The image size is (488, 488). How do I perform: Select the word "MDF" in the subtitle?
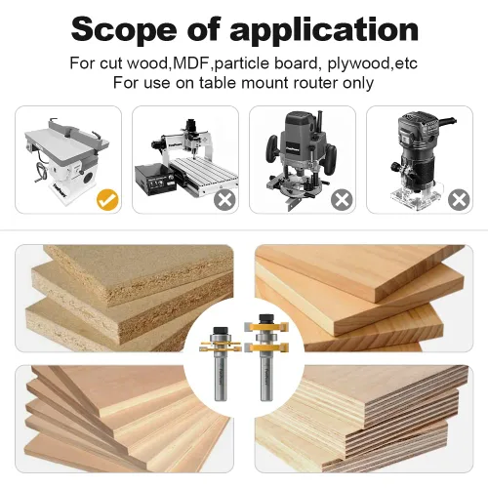[x=191, y=62]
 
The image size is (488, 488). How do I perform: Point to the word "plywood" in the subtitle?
[x=358, y=64]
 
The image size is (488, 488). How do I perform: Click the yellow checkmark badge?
[x=107, y=199]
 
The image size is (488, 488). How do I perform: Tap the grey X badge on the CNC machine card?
[x=224, y=199]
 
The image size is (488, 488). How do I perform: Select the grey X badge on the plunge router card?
[x=342, y=199]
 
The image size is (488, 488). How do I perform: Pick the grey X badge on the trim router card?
[x=459, y=199]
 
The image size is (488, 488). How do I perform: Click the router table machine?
[x=66, y=159]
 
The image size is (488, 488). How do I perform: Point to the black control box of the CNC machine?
[x=155, y=180]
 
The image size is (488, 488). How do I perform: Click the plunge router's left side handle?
[x=272, y=150]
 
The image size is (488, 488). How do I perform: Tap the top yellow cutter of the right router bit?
[x=266, y=327]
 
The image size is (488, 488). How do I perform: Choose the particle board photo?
[x=124, y=299]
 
